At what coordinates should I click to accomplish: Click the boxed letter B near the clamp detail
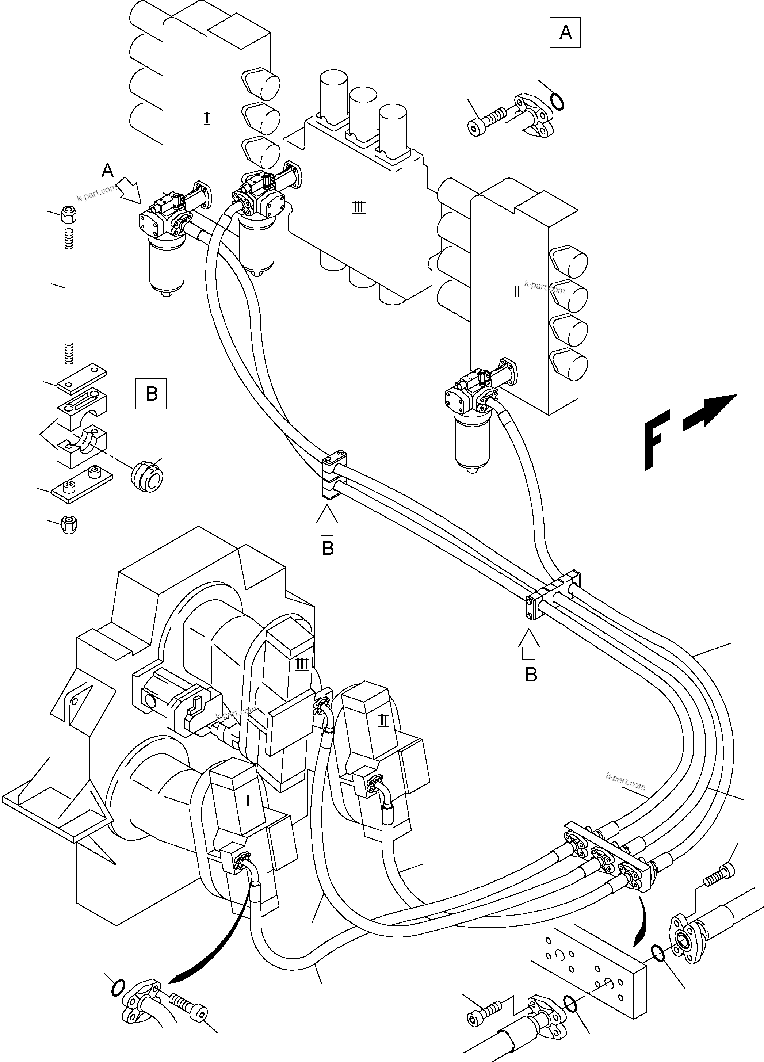click(x=151, y=394)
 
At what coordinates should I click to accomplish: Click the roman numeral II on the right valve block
click(x=517, y=293)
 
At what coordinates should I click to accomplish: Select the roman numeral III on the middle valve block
click(x=359, y=207)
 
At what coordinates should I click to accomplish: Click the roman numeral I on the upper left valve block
click(x=207, y=118)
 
